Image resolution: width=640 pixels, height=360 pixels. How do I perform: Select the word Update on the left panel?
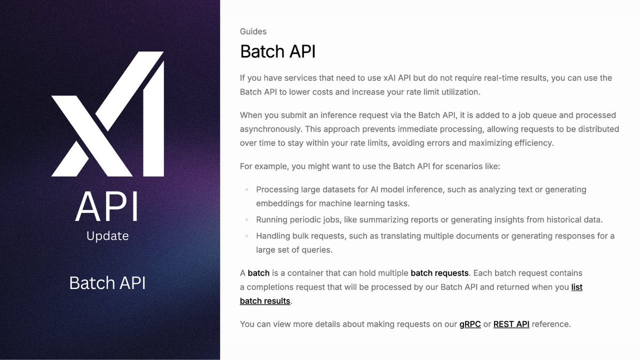[107, 236]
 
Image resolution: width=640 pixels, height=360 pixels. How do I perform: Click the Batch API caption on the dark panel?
[107, 283]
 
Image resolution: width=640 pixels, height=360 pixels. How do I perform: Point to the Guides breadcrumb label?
[253, 31]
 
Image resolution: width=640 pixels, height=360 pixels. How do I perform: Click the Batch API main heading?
[278, 52]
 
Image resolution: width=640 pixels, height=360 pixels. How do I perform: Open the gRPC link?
[470, 324]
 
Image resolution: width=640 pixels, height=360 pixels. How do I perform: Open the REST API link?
[511, 324]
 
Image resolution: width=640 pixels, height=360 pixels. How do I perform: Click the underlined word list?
[577, 287]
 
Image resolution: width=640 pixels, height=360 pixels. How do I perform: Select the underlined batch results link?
[265, 301]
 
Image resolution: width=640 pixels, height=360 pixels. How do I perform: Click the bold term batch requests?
[439, 273]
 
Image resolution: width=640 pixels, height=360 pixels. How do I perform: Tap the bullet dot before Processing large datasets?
[246, 189]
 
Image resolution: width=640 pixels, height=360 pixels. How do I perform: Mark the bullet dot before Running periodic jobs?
[246, 220]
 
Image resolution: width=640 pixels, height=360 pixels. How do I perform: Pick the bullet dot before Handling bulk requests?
[246, 236]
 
